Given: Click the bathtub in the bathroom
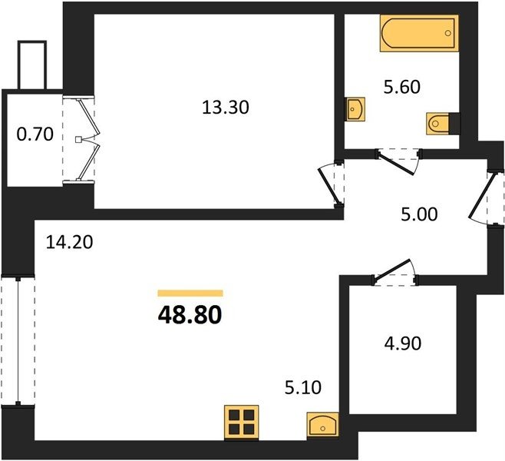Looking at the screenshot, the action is tap(419, 33).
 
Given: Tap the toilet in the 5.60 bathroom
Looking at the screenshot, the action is tap(443, 124).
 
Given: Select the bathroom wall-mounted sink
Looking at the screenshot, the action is tap(355, 109).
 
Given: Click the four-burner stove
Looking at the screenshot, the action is tap(242, 423).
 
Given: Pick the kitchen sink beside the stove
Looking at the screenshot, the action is tap(322, 425).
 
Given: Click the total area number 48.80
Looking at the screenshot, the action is tap(190, 315).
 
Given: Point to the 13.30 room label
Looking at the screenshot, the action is tap(226, 108).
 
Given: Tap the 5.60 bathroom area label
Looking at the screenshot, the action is tap(402, 87).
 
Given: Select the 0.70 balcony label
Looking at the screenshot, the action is tap(35, 134).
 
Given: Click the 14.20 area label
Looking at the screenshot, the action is tap(69, 242).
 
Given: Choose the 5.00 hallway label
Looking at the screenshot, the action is tap(419, 214).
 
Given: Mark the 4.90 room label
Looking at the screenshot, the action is tap(403, 343).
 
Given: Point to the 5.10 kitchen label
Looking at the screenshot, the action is tap(302, 387).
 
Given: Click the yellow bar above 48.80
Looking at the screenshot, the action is tap(190, 293).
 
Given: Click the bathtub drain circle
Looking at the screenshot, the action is tap(448, 33).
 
